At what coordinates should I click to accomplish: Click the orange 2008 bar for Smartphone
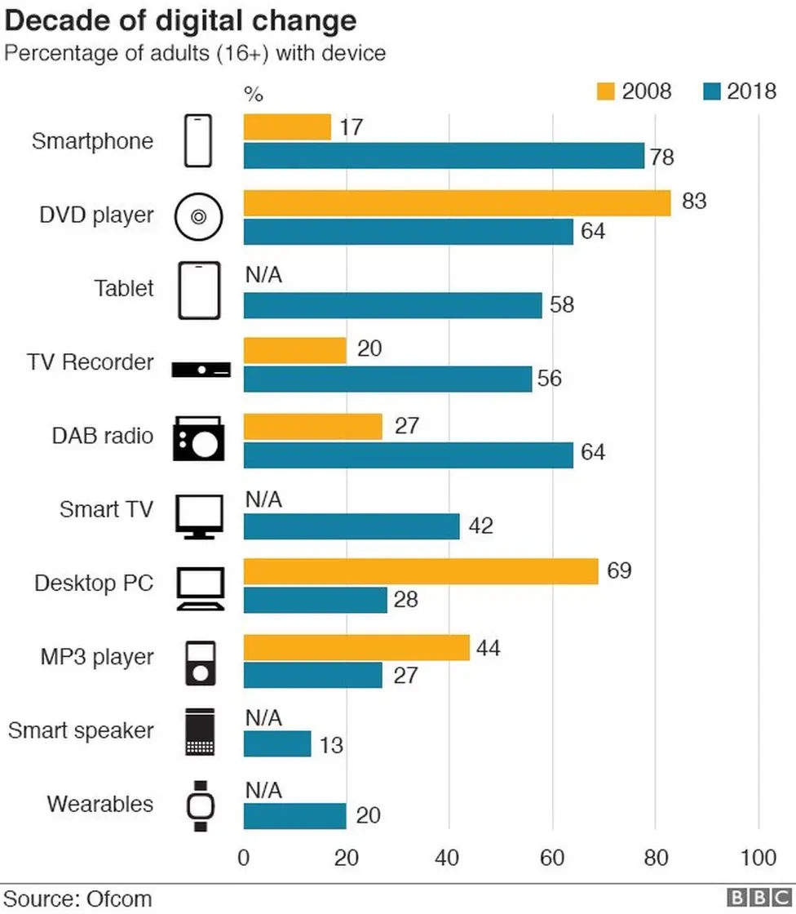point(287,127)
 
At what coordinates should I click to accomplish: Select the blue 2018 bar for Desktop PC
point(315,600)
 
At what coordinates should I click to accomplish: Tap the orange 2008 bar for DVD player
point(457,202)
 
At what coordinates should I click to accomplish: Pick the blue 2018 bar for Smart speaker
point(277,744)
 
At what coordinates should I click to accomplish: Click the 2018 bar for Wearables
point(294,816)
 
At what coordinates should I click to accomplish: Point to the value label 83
point(693,201)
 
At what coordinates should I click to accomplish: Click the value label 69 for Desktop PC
point(619,570)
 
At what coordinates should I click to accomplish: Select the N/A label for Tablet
point(263,276)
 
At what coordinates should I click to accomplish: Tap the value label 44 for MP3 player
point(488,649)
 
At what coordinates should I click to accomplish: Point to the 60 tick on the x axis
point(552,858)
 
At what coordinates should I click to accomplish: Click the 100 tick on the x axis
point(758,858)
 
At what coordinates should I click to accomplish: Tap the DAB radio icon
point(197,439)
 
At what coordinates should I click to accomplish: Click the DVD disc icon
point(199,216)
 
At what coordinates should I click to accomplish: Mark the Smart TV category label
point(106,510)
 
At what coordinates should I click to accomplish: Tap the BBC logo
point(754,898)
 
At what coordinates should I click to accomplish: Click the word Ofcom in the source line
point(116,898)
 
